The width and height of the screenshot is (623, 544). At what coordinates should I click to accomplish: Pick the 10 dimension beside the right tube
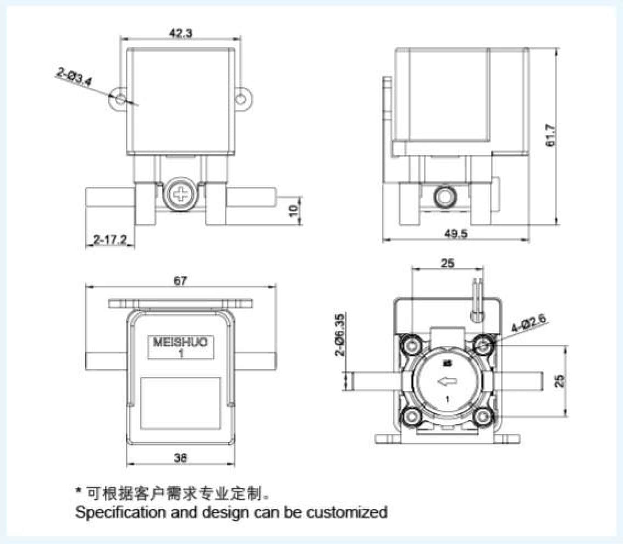[294, 209]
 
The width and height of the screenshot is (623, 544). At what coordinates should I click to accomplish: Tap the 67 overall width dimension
[180, 280]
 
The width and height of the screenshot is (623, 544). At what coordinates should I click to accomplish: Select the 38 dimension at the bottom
[180, 457]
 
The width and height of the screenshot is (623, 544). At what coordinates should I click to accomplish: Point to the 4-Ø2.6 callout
[528, 323]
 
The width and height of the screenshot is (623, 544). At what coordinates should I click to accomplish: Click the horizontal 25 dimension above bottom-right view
[448, 263]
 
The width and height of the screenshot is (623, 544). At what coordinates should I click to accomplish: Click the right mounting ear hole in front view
[240, 99]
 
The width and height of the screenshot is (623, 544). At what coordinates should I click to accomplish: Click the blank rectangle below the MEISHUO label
[180, 402]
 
